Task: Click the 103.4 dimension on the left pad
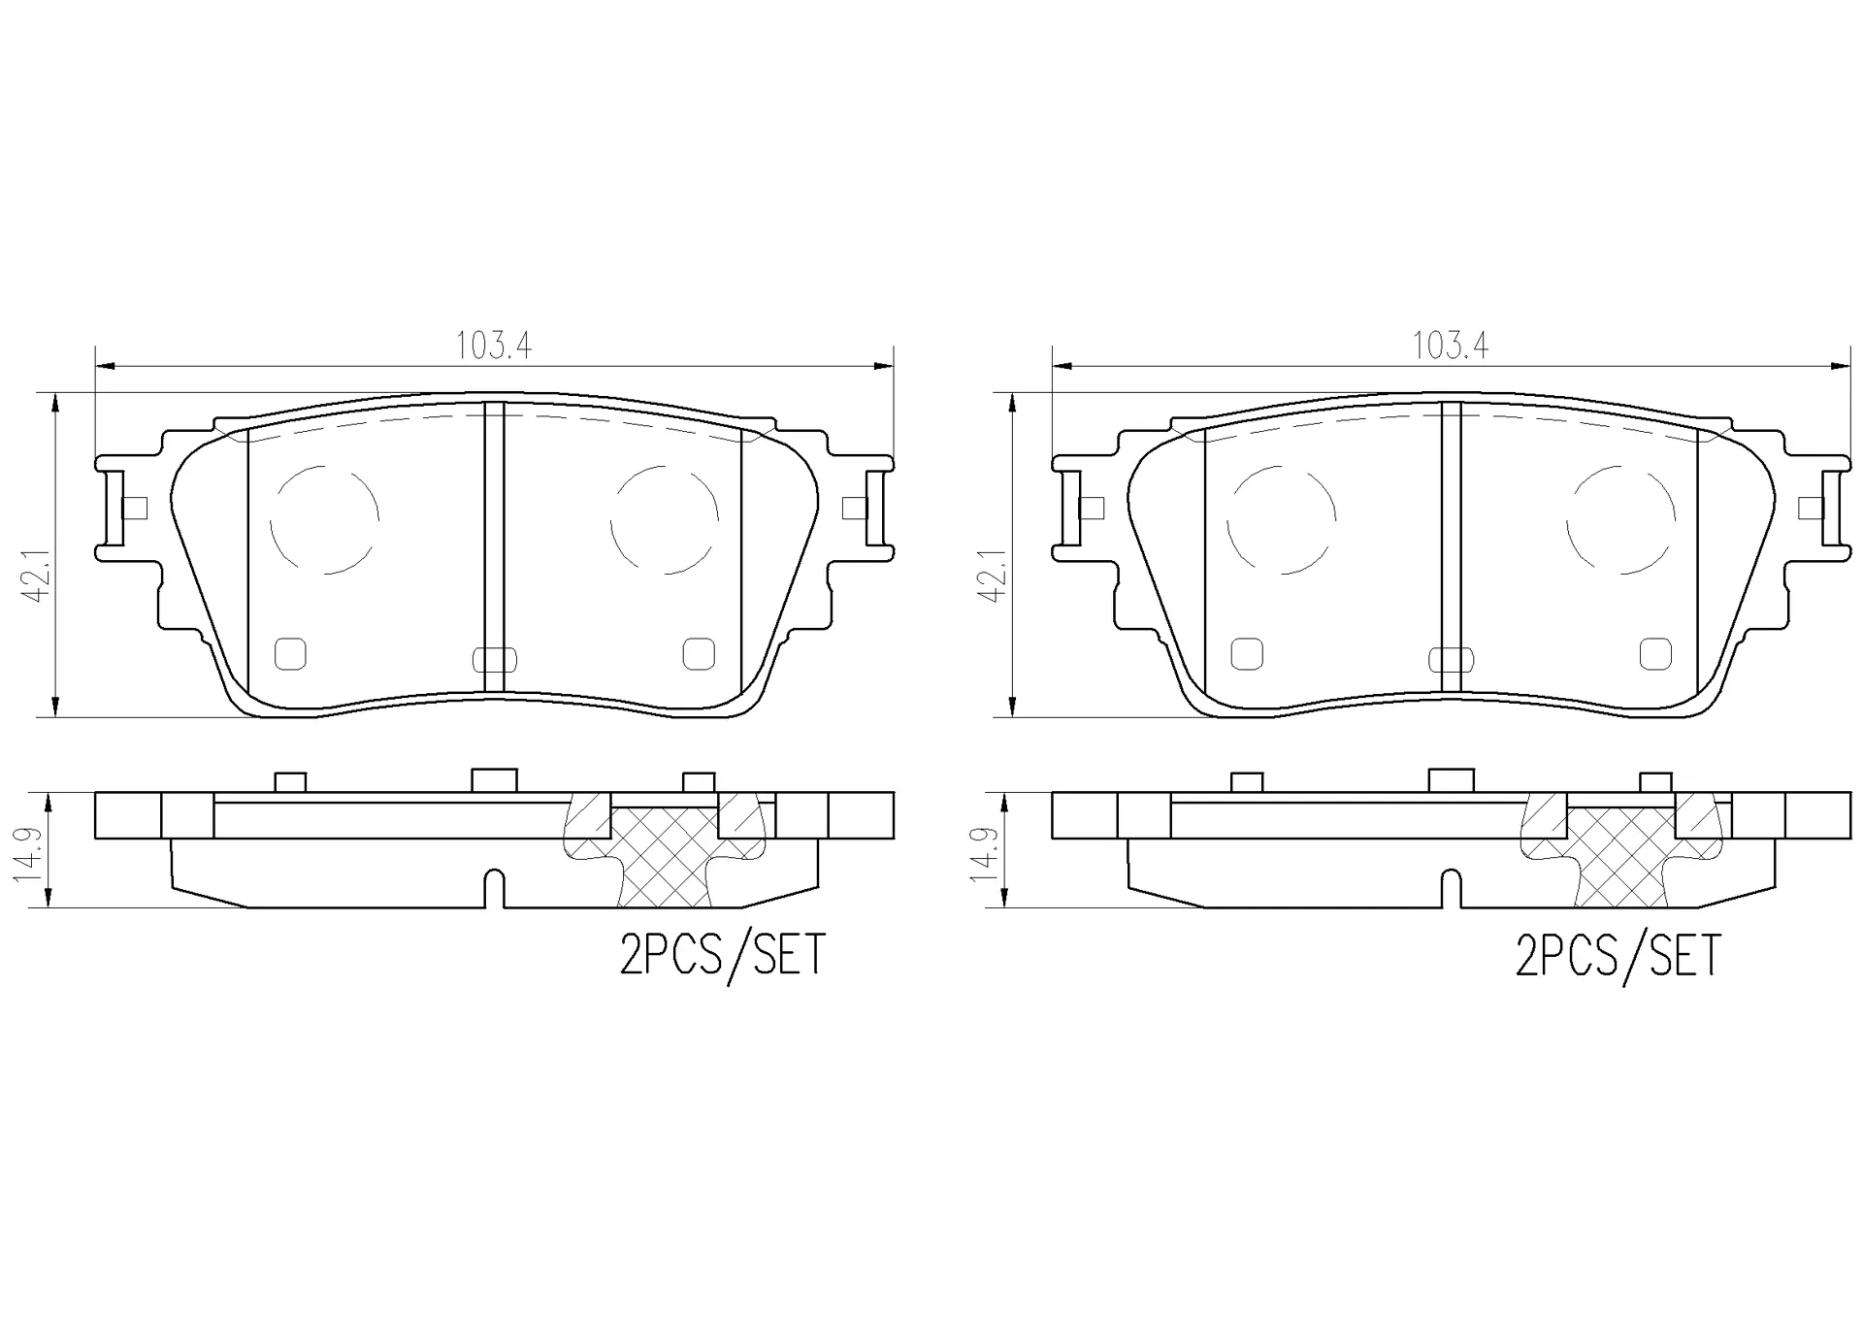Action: tap(494, 346)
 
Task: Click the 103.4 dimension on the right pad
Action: tap(1451, 346)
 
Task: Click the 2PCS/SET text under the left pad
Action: tap(722, 955)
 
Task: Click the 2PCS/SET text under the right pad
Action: tap(1618, 955)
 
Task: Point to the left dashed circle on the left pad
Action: tap(324, 519)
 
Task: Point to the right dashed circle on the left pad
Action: tap(665, 519)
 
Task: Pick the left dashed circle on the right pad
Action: tap(1281, 519)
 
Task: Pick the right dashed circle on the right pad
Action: tap(1620, 519)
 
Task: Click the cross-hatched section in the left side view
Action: tap(665, 858)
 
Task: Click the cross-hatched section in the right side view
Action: tap(1620, 858)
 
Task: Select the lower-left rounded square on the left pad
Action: tap(290, 654)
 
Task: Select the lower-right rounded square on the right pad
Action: tap(1655, 654)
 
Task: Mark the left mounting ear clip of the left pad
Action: tap(113, 508)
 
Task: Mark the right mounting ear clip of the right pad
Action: tap(1832, 508)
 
